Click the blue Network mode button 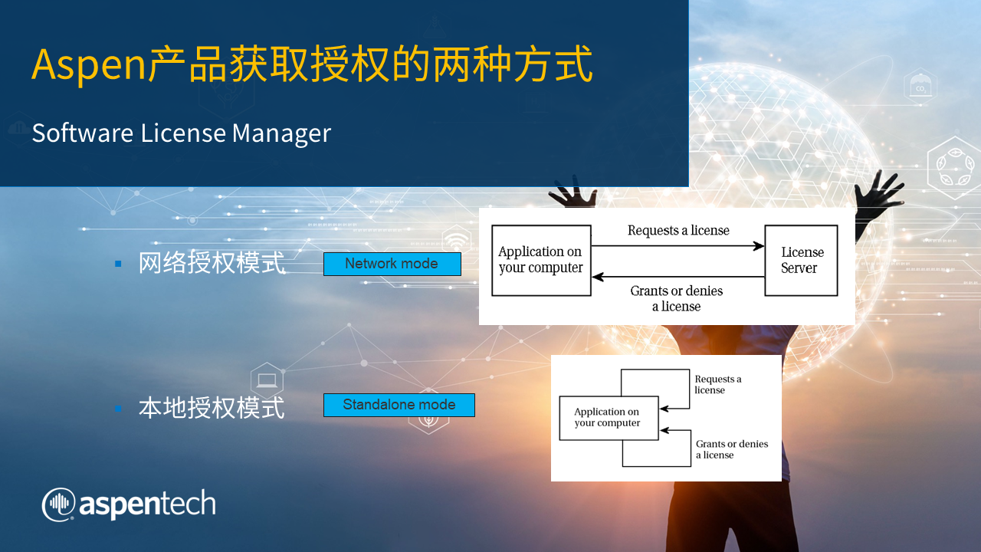(392, 264)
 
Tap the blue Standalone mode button (399, 405)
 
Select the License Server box (801, 261)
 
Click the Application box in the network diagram (541, 260)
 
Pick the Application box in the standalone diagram (609, 418)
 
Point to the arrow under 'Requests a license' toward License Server (678, 246)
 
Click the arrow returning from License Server (678, 276)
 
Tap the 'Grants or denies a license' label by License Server (677, 298)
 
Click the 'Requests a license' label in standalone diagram (717, 384)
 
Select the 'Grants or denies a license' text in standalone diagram (731, 449)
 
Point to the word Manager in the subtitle (281, 133)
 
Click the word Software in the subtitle (82, 133)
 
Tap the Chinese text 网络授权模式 (212, 264)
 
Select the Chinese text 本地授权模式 (212, 407)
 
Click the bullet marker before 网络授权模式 (118, 264)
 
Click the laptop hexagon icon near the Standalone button (267, 380)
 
